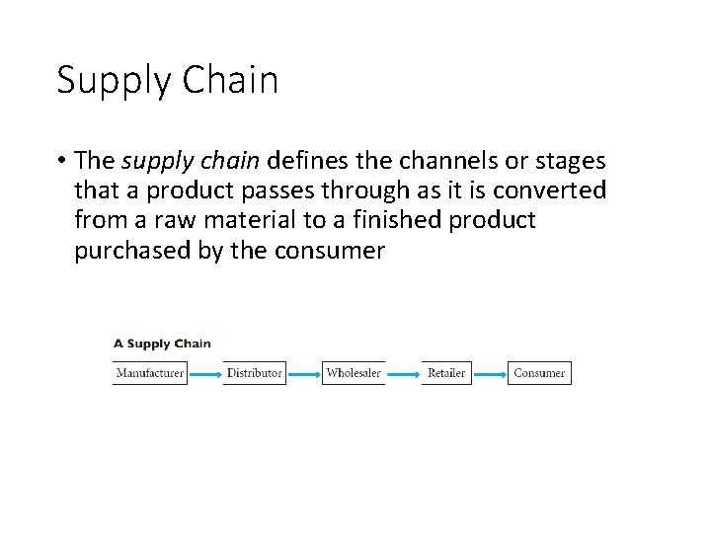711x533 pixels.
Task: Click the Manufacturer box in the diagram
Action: (149, 373)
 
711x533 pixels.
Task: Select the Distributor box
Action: (254, 373)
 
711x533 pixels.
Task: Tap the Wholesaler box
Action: (354, 373)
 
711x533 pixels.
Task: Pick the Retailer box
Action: (446, 373)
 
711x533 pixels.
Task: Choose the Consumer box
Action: (539, 373)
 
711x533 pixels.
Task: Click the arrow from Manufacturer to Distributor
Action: (204, 374)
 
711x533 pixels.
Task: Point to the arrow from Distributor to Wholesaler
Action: (303, 374)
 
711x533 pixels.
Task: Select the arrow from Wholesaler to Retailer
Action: (403, 374)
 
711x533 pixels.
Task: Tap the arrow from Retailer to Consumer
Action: (489, 374)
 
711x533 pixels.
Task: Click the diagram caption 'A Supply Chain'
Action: (162, 343)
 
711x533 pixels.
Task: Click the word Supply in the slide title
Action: (112, 81)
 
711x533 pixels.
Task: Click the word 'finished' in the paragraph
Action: (394, 219)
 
